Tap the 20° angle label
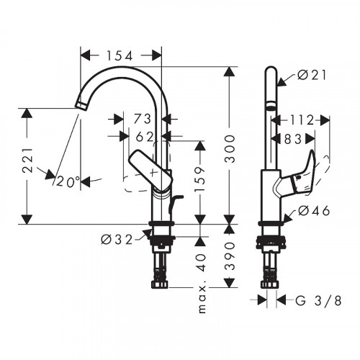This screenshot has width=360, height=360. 68,182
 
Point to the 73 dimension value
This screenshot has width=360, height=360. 143,118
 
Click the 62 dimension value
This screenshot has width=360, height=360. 144,135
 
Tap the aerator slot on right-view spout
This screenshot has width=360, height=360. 271,105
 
